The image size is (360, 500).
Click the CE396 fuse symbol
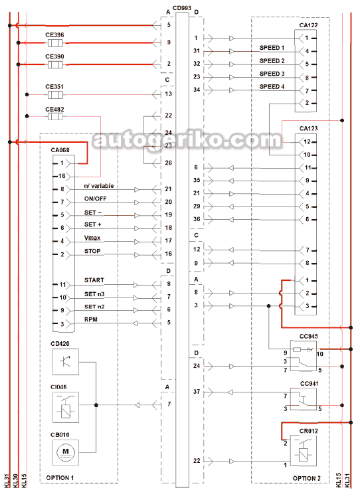click(x=55, y=42)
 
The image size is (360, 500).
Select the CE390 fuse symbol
click(x=55, y=64)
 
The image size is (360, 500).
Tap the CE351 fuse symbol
click(x=55, y=95)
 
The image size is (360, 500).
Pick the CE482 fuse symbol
click(x=55, y=116)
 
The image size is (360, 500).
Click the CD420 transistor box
click(x=66, y=362)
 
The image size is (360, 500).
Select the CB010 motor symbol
click(x=66, y=452)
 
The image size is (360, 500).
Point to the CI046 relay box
click(x=66, y=408)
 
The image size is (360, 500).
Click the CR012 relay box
click(x=304, y=452)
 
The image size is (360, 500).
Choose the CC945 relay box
click(x=304, y=356)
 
